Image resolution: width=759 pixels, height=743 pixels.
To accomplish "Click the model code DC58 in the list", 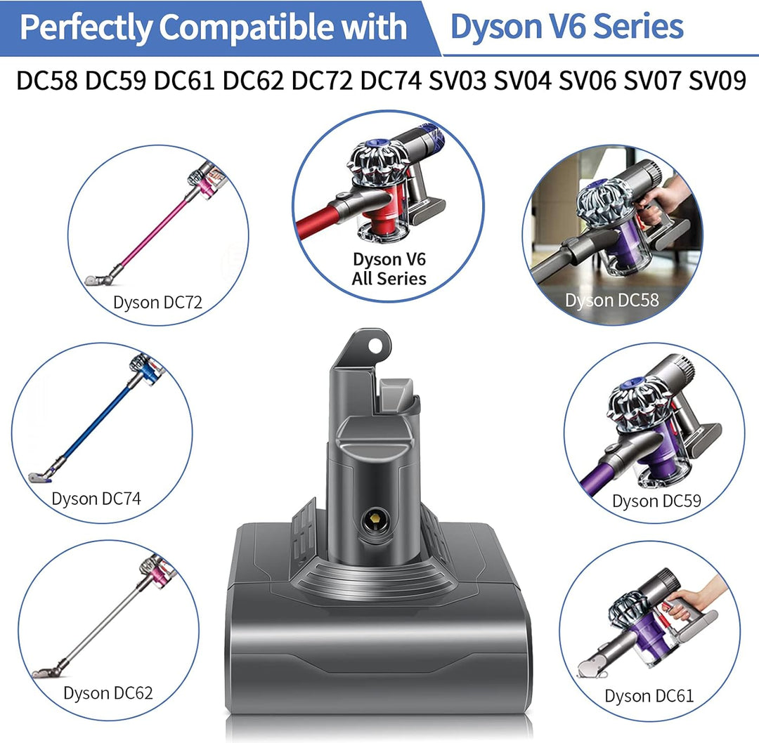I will point(47,81).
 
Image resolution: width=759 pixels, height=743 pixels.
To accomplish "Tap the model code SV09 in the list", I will point(716,81).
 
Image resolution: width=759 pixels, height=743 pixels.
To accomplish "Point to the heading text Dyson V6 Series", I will point(566,27).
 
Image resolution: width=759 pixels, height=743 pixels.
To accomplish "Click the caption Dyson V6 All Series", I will point(389,268).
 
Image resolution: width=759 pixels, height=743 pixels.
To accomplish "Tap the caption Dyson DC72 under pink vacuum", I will point(157,303).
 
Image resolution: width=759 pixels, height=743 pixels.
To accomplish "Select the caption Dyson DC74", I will point(96,499).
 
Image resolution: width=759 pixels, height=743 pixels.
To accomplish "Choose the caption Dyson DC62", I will point(108,692).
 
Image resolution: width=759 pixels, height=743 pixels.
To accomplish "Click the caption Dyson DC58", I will point(611,301).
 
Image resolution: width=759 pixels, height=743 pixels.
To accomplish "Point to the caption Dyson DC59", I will point(656,501).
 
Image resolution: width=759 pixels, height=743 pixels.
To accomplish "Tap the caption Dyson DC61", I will point(649,696).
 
